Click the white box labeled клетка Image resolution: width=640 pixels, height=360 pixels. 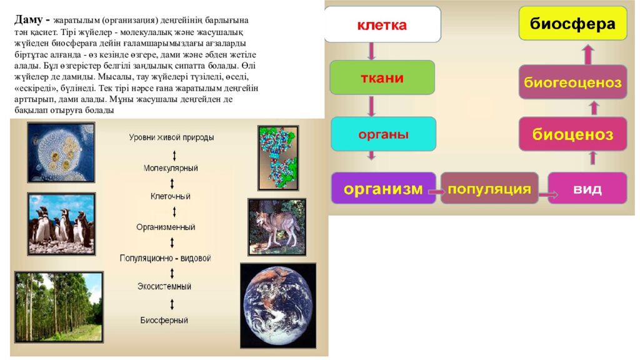pyautogui.click(x=382, y=24)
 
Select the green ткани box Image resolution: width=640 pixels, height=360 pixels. pyautogui.click(x=382, y=77)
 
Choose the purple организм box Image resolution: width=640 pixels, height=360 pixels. pyautogui.click(x=383, y=188)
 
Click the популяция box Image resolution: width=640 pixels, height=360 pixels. pyautogui.click(x=489, y=188)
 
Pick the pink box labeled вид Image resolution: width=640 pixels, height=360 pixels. pyautogui.click(x=587, y=188)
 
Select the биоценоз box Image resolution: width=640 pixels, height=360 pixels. pyautogui.click(x=572, y=134)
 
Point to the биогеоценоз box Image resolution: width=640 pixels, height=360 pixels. pyautogui.click(x=572, y=82)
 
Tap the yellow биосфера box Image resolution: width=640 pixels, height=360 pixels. pyautogui.click(x=572, y=24)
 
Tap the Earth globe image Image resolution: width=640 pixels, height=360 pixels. pyautogui.click(x=277, y=304)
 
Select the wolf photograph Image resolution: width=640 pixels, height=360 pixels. pyautogui.click(x=276, y=227)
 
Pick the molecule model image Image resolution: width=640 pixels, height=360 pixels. pyautogui.click(x=278, y=157)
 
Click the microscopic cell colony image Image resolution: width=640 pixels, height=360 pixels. pyautogui.click(x=61, y=152)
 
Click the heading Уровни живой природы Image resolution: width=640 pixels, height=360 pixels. pyautogui.click(x=171, y=137)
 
